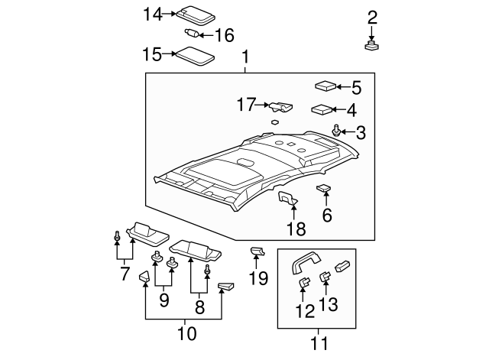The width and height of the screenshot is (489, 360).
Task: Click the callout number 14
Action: click(153, 13)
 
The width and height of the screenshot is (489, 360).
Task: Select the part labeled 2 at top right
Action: click(372, 45)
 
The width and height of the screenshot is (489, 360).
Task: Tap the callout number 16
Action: click(223, 35)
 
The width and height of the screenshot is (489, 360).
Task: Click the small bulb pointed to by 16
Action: click(193, 33)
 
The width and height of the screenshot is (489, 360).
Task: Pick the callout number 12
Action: click(305, 311)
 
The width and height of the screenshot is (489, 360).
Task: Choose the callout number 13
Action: click(328, 306)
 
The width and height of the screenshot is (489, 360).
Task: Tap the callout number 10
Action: click(186, 333)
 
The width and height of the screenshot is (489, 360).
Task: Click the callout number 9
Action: click(164, 301)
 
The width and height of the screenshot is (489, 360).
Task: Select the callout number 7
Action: click(125, 273)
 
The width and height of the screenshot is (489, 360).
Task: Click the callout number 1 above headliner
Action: click(245, 57)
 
